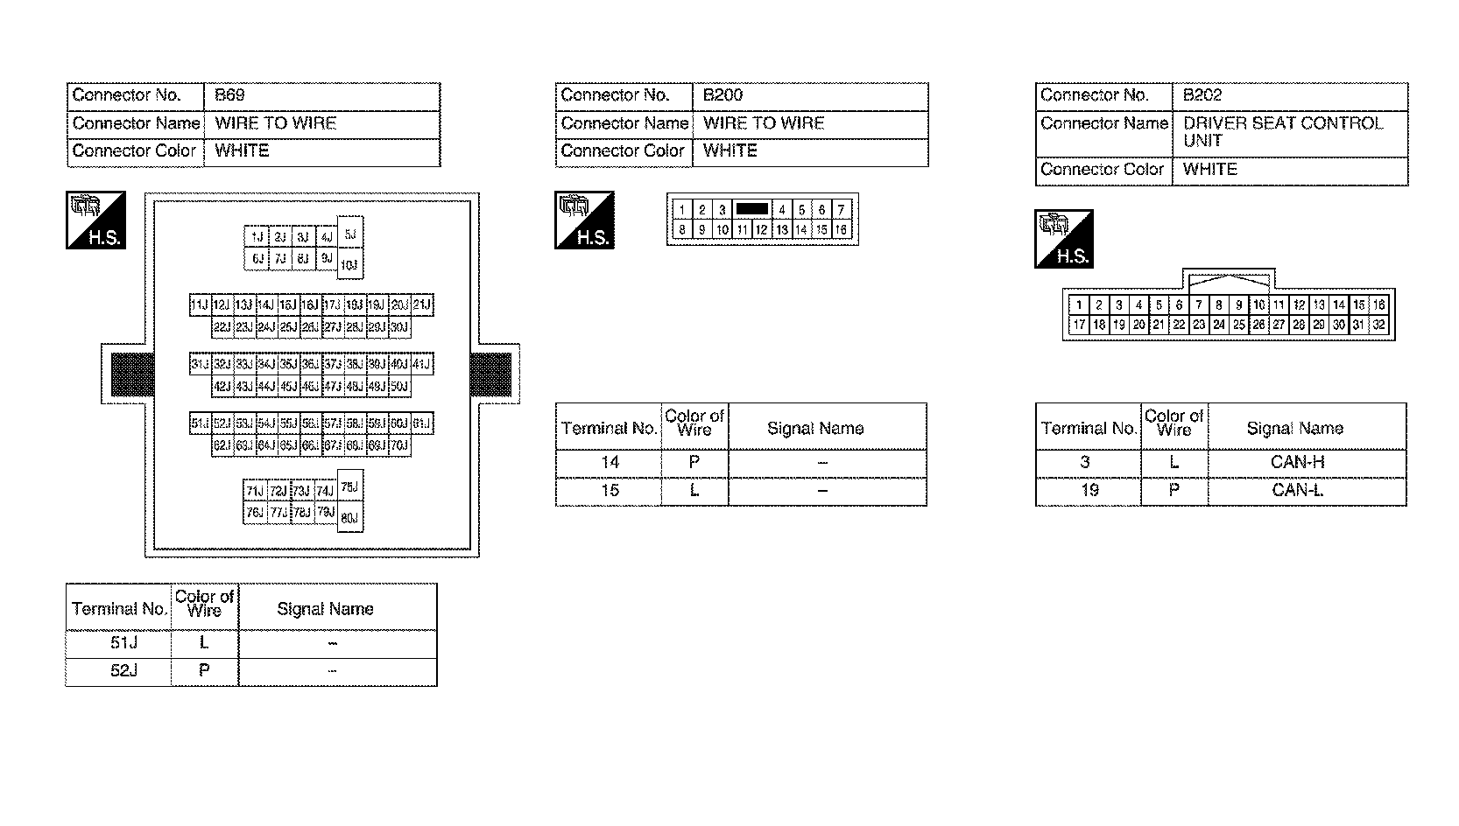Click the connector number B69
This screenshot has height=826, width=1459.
click(229, 95)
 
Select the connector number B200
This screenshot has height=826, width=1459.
click(722, 95)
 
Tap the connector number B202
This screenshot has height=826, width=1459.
click(1202, 95)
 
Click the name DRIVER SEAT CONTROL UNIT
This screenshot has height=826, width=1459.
click(1282, 132)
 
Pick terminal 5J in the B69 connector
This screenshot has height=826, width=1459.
click(349, 234)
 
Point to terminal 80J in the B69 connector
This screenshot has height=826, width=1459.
click(349, 518)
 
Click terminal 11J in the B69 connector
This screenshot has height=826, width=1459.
click(200, 305)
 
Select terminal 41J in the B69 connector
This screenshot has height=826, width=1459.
click(422, 364)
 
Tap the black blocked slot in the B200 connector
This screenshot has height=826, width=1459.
click(751, 209)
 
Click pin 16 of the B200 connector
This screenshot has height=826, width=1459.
click(841, 230)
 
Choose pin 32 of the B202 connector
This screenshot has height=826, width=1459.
click(1379, 325)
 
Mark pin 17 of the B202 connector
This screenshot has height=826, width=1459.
click(1079, 325)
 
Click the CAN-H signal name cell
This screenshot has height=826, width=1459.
click(1296, 462)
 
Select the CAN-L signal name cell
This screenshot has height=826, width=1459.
click(1296, 490)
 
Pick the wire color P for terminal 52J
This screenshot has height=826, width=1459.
click(204, 671)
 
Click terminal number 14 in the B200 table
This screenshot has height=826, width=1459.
click(610, 462)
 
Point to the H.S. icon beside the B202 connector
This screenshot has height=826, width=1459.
click(1064, 238)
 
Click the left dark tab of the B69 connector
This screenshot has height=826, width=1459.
click(132, 374)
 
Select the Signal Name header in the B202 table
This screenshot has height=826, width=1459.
click(1294, 428)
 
